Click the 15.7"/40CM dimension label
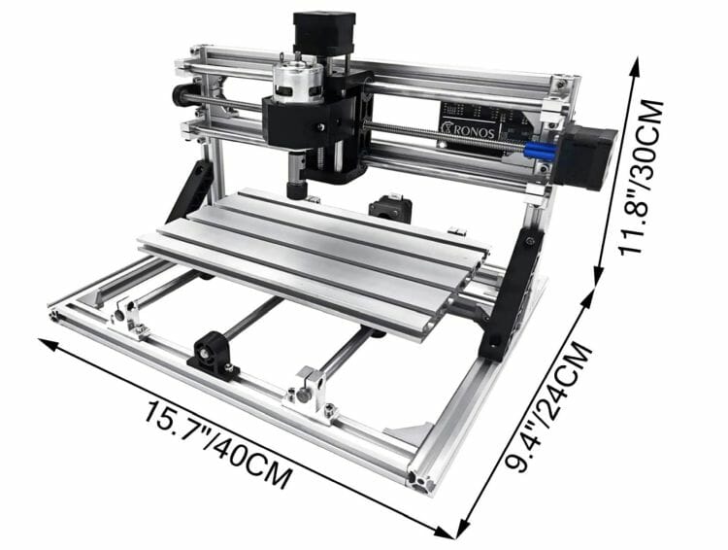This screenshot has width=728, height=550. click(218, 444)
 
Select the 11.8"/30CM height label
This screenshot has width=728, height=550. click(643, 177)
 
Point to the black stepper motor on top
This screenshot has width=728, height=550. click(324, 32)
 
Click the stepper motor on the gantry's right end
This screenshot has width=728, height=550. click(587, 157)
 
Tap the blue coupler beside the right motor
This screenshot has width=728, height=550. click(540, 151)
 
